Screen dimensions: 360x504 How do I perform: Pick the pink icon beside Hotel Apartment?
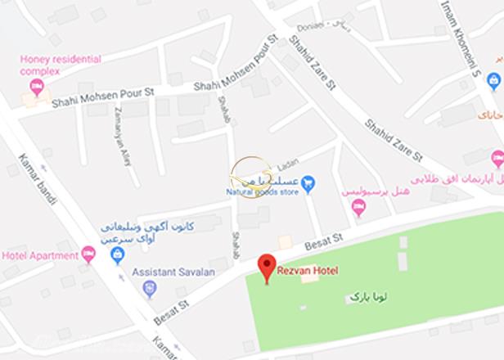point(88,254)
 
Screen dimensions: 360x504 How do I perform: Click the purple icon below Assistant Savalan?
point(148,288)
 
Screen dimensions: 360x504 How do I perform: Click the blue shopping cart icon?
point(308,182)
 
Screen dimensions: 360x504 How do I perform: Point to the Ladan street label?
point(284,164)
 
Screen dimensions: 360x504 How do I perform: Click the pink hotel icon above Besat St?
point(358,206)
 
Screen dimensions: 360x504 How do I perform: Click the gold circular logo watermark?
point(251,175)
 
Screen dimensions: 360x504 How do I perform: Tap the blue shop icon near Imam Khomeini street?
point(493,80)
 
